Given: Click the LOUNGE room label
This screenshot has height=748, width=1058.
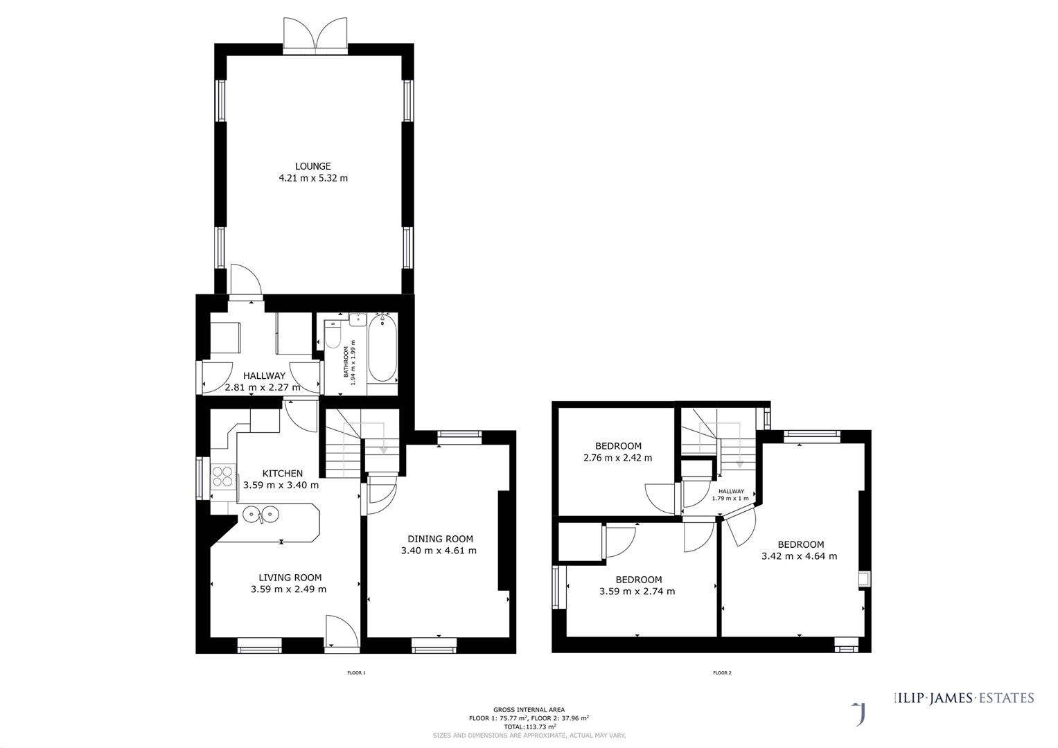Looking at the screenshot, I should tap(312, 166).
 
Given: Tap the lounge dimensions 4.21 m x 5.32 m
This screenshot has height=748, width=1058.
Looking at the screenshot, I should tap(312, 178).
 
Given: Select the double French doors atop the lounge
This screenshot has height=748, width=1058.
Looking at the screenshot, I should tap(316, 35).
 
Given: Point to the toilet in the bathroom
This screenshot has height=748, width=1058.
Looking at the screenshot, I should tap(333, 337).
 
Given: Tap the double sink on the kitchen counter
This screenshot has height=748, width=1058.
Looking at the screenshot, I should tap(260, 514).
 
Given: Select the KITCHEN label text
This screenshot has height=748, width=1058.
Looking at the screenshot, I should tap(282, 474).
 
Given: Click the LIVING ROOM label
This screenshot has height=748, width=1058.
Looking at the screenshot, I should tap(290, 578).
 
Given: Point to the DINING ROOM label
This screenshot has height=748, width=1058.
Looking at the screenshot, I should tap(440, 539).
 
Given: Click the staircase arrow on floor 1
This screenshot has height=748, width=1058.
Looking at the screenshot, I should tap(382, 449).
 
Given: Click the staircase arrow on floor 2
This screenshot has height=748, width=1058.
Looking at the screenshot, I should tap(739, 463).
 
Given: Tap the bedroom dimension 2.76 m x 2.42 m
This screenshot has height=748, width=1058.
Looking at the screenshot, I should tap(618, 458).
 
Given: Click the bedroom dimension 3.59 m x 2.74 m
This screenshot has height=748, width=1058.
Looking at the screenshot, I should tap(637, 591).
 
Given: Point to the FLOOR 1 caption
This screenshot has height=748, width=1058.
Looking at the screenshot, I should tap(355, 673).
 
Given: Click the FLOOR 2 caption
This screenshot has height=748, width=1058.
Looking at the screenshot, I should tap(722, 673).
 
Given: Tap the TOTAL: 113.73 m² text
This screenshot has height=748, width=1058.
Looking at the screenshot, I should tap(529, 727).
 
